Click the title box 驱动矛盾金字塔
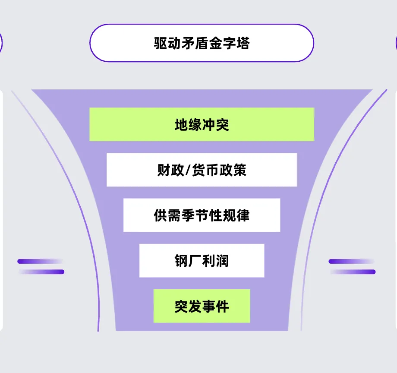click(202, 43)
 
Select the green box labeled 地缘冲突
click(202, 124)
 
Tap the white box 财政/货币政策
click(202, 170)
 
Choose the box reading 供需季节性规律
click(202, 215)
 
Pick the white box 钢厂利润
click(202, 260)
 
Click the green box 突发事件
click(202, 306)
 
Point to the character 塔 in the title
click(243, 43)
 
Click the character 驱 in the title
click(161, 43)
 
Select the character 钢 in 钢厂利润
click(181, 261)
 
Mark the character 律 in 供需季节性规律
click(243, 215)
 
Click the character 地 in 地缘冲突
click(181, 125)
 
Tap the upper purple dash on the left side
click(40, 261)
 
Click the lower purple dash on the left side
click(42, 272)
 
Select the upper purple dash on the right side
click(351, 261)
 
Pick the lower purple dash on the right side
click(353, 272)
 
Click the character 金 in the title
click(215, 43)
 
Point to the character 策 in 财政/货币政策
click(240, 170)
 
